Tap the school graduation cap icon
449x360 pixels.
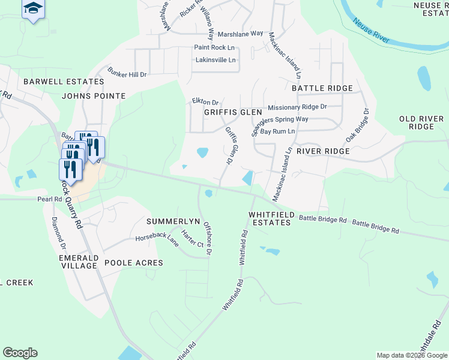[x=33, y=8]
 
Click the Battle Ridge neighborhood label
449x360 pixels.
[x=322, y=88]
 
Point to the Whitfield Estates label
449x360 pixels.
[x=270, y=218]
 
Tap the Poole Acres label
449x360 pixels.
[x=133, y=263]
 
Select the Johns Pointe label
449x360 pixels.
[x=94, y=96]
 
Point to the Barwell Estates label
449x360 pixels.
[x=64, y=82]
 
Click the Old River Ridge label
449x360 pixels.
[x=421, y=123]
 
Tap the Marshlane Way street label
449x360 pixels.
[x=241, y=34]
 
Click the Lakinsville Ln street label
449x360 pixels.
[x=215, y=60]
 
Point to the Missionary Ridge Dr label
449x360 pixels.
[x=297, y=107]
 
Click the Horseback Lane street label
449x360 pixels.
[x=157, y=238]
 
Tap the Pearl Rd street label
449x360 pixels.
[x=50, y=199]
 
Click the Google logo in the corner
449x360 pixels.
[x=20, y=353]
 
